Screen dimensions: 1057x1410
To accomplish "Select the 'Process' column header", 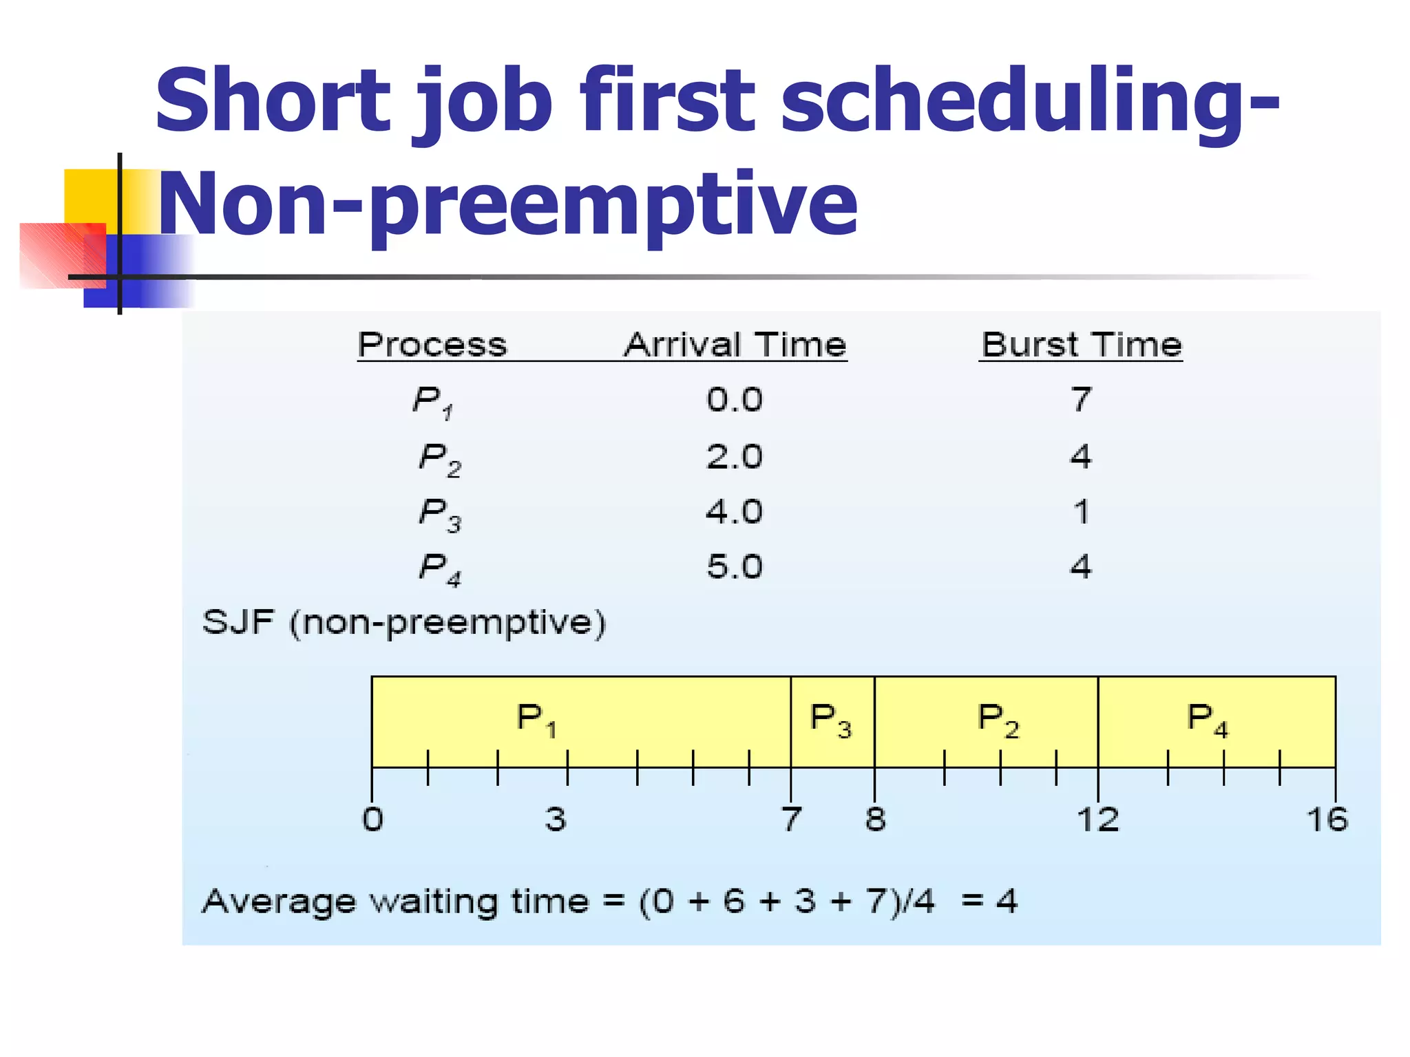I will click(x=432, y=344).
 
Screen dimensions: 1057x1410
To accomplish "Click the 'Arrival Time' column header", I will click(x=735, y=344).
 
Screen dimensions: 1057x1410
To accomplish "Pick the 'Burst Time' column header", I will click(x=1081, y=344).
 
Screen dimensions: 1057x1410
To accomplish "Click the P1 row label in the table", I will click(x=432, y=401).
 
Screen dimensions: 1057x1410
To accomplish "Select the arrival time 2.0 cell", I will click(x=735, y=456).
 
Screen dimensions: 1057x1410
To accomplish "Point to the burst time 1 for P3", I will click(x=1081, y=512).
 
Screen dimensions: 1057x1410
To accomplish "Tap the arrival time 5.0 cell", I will click(x=735, y=567).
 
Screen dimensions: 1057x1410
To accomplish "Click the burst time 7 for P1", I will click(x=1081, y=399).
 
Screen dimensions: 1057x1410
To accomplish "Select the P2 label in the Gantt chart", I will click(x=998, y=720).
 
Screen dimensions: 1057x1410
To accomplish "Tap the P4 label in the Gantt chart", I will click(x=1208, y=720).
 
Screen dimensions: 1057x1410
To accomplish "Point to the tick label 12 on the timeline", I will click(x=1097, y=820).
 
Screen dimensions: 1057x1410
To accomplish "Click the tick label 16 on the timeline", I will click(x=1327, y=820).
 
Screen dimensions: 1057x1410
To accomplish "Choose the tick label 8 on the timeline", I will click(x=875, y=820).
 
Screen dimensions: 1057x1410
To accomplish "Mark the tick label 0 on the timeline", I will click(x=372, y=820).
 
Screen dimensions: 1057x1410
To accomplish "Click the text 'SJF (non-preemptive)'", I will click(x=404, y=623).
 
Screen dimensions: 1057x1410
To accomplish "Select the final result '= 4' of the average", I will click(x=989, y=901).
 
